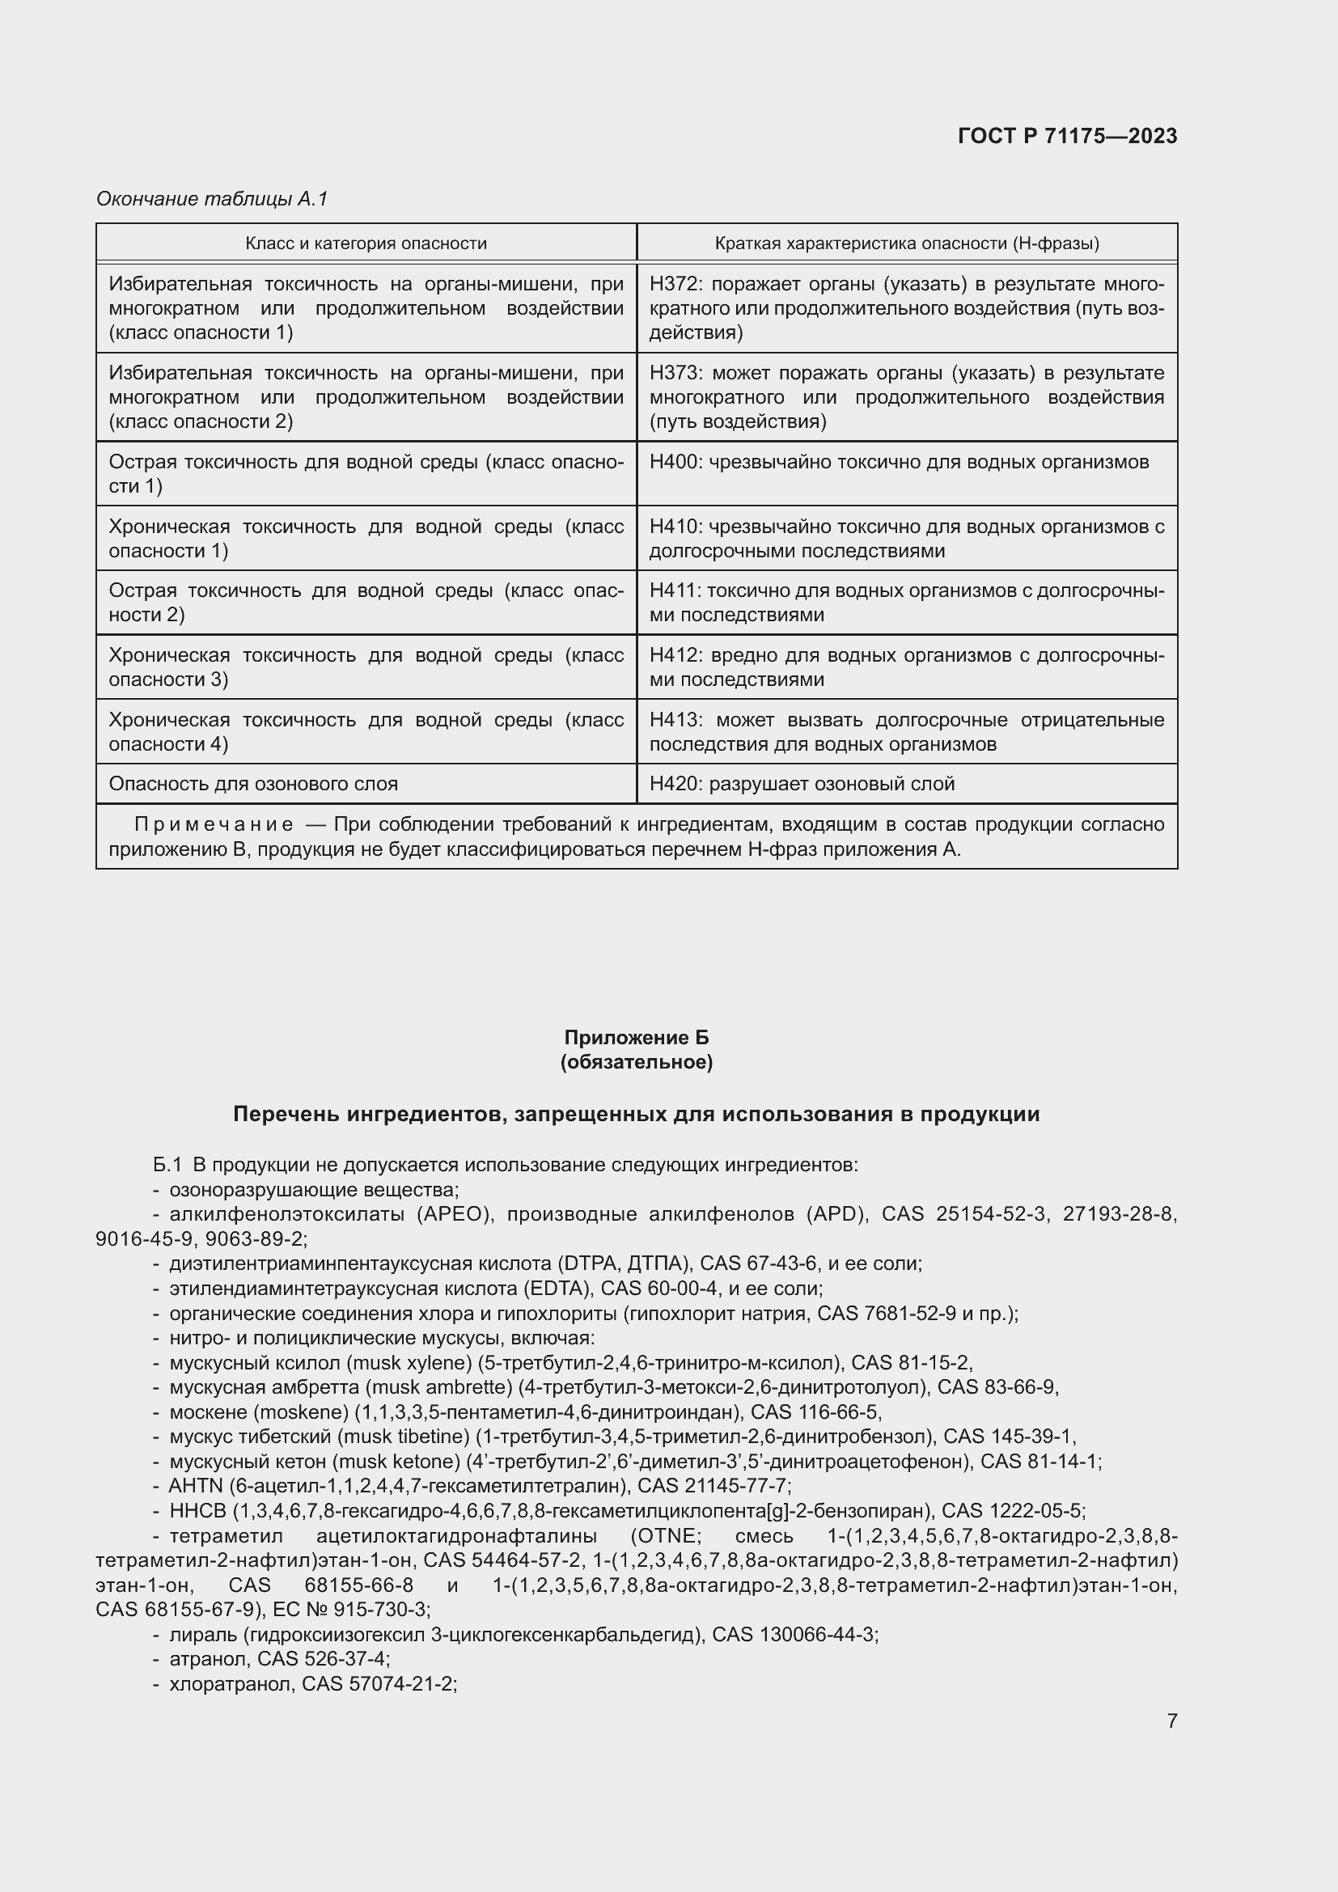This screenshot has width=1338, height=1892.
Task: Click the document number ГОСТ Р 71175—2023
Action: (1067, 136)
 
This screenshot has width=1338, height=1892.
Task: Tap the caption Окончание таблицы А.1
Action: (212, 199)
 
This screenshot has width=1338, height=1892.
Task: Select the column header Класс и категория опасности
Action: (366, 243)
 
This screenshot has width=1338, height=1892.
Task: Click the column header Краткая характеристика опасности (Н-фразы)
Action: (906, 243)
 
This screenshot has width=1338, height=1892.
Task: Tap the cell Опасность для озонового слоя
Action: (253, 784)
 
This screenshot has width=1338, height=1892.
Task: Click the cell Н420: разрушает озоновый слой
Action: (802, 784)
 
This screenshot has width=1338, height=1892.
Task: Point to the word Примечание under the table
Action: (214, 825)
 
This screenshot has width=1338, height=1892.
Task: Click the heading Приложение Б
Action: (636, 1038)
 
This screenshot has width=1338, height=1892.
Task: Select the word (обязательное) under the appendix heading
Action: (636, 1062)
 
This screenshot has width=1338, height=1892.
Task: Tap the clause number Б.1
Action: (167, 1164)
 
